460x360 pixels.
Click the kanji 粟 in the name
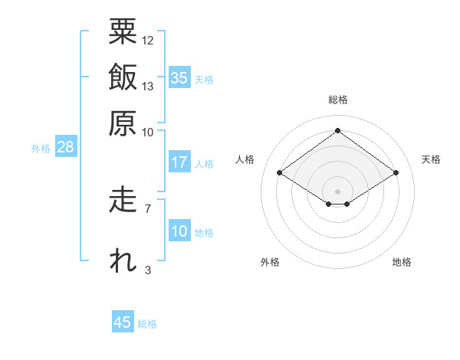(x=123, y=31)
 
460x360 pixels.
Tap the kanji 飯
(x=123, y=77)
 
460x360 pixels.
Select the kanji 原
(x=123, y=123)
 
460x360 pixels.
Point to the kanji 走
(x=123, y=199)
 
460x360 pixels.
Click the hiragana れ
(x=123, y=260)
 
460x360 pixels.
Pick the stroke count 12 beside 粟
(x=147, y=41)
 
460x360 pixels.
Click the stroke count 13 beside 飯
(x=147, y=87)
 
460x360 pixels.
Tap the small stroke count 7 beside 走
(x=148, y=209)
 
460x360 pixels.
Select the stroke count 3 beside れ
(x=148, y=270)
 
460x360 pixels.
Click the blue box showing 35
(x=179, y=77)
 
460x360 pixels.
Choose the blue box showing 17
(x=179, y=162)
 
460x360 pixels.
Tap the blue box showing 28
(x=66, y=146)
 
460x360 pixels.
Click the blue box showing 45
(x=123, y=321)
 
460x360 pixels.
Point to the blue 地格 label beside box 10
(x=204, y=233)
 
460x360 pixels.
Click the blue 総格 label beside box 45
(x=147, y=324)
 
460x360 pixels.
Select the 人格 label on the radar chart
(x=245, y=159)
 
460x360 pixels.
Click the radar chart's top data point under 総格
(x=337, y=130)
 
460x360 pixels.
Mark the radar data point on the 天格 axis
(x=396, y=172)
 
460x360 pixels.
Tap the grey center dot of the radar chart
(x=337, y=191)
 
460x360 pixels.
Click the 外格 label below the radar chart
(x=270, y=262)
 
